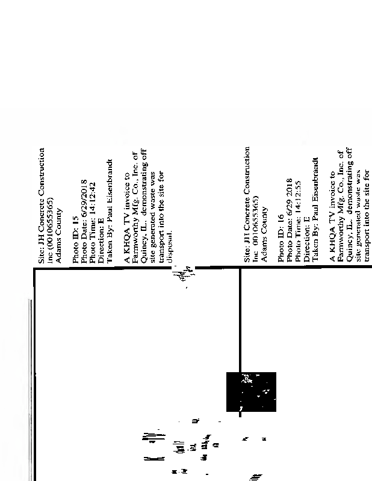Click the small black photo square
251,391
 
